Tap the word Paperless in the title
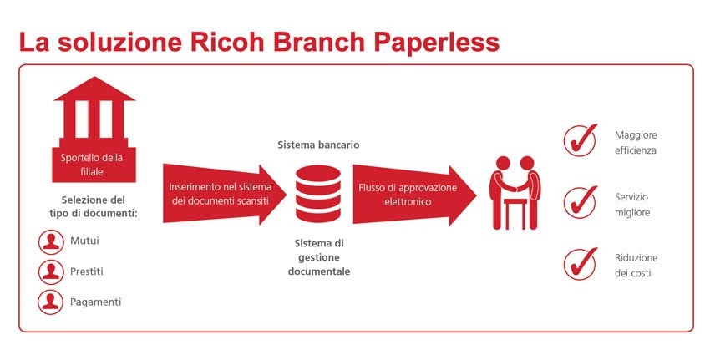tap(437, 43)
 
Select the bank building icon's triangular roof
tap(94, 89)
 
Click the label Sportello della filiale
tap(92, 165)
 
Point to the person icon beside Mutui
tap(51, 241)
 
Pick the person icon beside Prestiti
tap(51, 271)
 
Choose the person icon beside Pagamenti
tap(51, 302)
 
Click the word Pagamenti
tap(95, 302)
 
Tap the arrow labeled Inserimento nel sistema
tap(224, 195)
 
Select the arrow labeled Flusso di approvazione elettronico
tap(414, 195)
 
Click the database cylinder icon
tap(318, 194)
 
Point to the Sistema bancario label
tap(319, 145)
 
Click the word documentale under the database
tap(319, 271)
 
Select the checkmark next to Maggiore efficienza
tap(581, 140)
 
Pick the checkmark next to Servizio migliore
tap(581, 202)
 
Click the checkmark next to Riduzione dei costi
tap(581, 264)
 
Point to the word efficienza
tap(636, 151)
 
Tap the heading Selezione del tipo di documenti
tap(94, 206)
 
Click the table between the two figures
tap(515, 212)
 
